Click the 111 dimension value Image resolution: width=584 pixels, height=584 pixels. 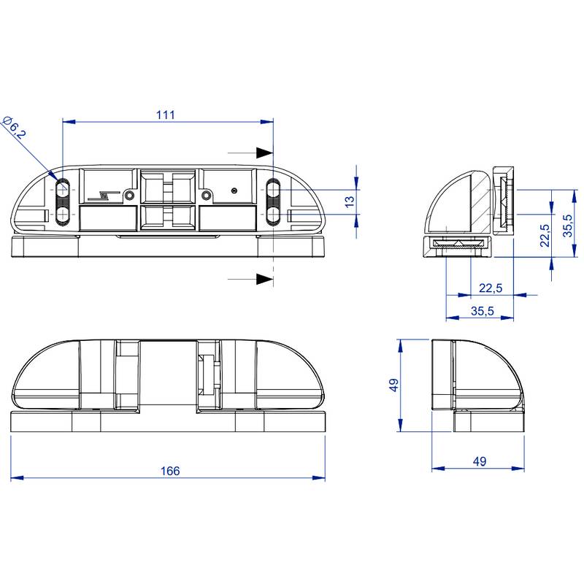(166, 115)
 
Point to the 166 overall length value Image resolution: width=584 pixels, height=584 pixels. (169, 471)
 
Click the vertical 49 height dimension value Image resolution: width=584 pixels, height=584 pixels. (393, 385)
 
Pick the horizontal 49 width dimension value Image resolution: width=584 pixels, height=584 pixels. (479, 461)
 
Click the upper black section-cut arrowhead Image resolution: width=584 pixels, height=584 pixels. (264, 153)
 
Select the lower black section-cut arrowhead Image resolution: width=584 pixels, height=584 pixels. (264, 279)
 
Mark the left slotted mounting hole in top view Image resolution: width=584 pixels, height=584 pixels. (62, 201)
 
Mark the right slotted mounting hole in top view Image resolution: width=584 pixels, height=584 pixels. (272, 201)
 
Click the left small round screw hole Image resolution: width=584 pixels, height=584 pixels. (129, 195)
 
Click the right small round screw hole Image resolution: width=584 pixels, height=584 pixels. (207, 195)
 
